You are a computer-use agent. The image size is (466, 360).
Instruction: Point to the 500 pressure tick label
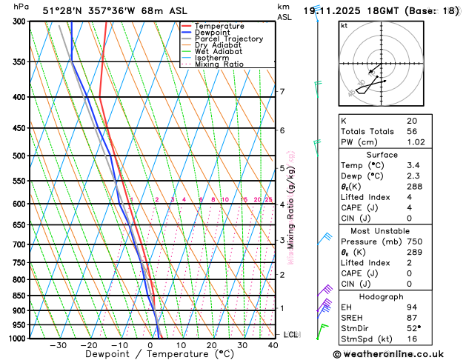click(x=18, y=156)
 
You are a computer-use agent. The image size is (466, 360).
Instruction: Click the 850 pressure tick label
click(x=18, y=296)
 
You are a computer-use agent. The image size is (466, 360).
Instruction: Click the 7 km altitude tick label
click(x=282, y=92)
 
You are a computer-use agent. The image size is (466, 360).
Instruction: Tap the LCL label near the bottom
click(x=290, y=335)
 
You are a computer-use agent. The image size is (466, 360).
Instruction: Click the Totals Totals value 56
click(x=413, y=131)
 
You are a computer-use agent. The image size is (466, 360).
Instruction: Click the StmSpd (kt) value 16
click(x=412, y=339)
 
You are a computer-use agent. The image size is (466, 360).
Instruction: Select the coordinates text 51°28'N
click(x=63, y=10)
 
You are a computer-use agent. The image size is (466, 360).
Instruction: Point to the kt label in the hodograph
click(x=344, y=25)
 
